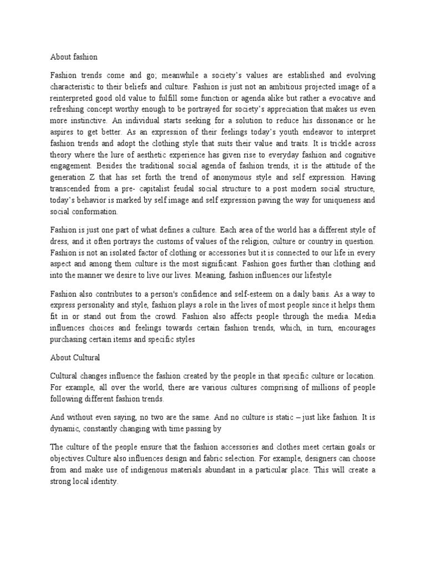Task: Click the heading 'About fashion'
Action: (x=74, y=56)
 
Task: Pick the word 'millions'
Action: (x=317, y=386)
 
